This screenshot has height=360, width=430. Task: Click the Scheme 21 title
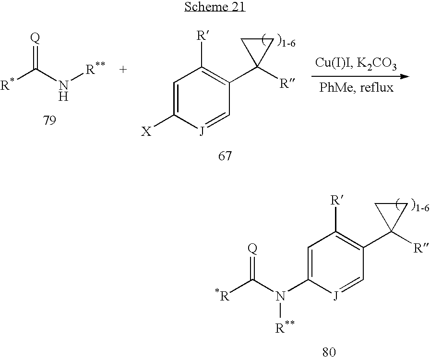coord(215,9)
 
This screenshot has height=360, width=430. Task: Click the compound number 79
coord(49,120)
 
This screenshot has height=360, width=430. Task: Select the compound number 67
coord(224,156)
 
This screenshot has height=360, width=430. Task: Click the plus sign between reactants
coord(123,70)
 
